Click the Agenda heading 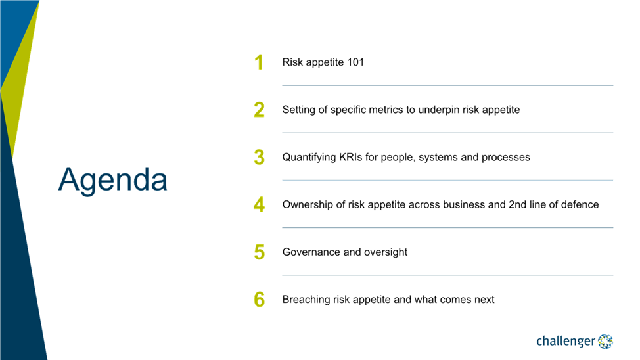tap(112, 180)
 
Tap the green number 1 tap(259, 62)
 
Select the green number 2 tap(259, 110)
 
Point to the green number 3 tap(259, 157)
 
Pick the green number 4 tap(259, 204)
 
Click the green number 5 tap(259, 252)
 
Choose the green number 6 tap(259, 299)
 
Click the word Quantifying tap(309, 158)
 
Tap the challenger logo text tap(566, 341)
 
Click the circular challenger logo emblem tap(605, 341)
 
